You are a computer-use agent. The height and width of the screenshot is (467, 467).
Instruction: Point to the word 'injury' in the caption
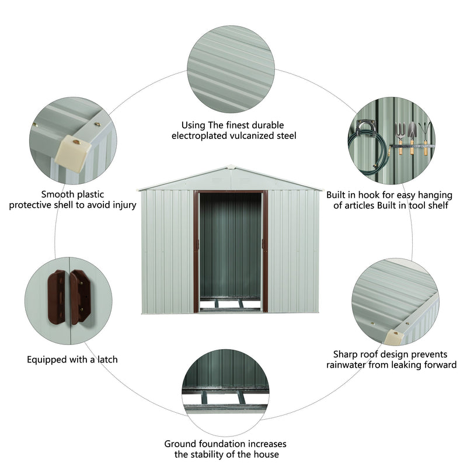(123, 205)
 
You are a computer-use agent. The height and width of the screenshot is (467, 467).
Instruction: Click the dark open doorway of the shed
(231, 245)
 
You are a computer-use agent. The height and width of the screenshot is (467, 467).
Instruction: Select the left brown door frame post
(196, 251)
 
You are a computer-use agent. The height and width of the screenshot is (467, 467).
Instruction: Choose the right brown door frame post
(265, 251)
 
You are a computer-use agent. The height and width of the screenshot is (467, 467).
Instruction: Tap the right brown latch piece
(81, 296)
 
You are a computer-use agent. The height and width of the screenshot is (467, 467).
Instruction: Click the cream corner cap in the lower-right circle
(396, 336)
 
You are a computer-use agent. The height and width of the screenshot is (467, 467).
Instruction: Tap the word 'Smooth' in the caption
(57, 194)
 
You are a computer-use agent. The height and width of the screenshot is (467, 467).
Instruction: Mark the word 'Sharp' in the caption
(346, 354)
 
